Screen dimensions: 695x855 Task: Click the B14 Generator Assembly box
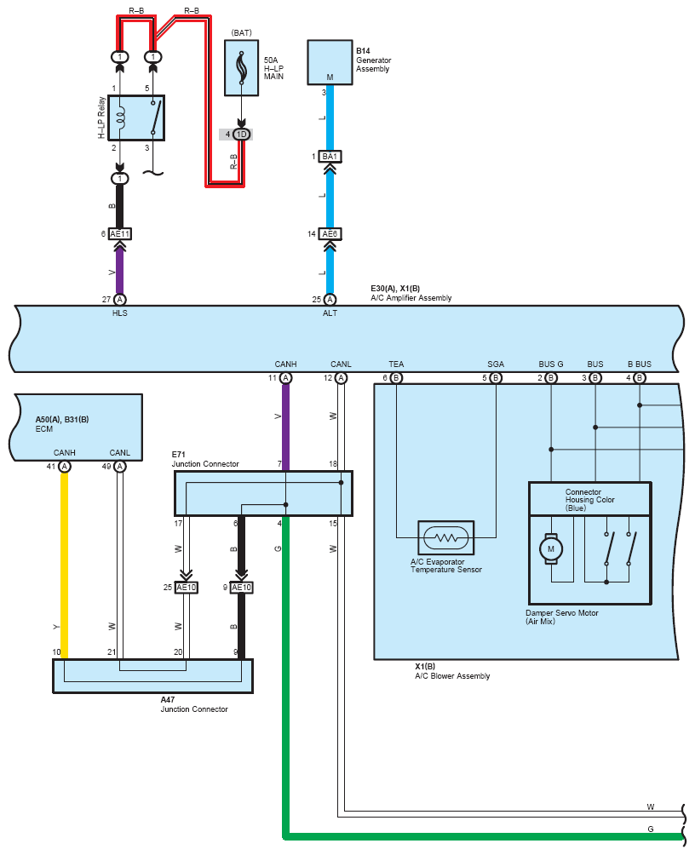(330, 62)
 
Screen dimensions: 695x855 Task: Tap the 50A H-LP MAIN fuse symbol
(242, 68)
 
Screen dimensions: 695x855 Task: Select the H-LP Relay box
(136, 118)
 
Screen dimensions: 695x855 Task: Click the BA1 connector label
(330, 157)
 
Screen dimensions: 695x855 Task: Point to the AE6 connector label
(330, 234)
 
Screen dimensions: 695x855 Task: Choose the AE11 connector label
(120, 234)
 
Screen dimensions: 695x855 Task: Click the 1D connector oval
(242, 135)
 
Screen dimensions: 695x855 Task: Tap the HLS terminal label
(120, 313)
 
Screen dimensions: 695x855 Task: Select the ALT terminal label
(330, 313)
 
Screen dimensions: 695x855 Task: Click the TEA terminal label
(397, 364)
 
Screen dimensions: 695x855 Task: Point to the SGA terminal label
(496, 364)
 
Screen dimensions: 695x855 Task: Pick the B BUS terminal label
(640, 364)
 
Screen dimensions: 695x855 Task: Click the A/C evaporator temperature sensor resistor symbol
(446, 537)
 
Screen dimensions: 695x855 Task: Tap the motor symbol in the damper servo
(551, 549)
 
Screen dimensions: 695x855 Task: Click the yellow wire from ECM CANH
(65, 565)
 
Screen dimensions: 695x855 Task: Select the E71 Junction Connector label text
(205, 459)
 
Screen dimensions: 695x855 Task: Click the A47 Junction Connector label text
(194, 704)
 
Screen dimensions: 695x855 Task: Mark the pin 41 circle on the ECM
(65, 467)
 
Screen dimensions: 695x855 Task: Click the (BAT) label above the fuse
(242, 32)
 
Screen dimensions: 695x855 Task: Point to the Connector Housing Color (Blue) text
(589, 500)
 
